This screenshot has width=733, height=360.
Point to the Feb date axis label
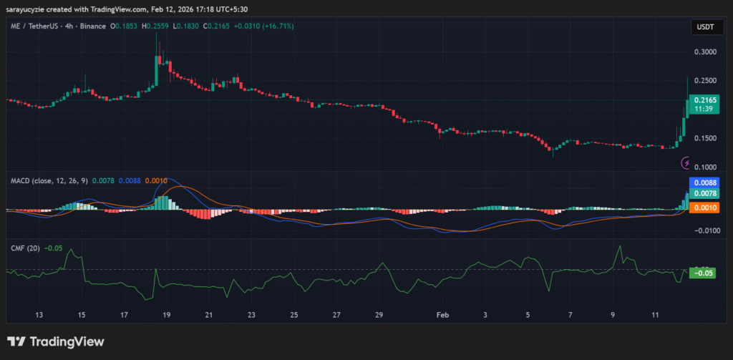point(443,315)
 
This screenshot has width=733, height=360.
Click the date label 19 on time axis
point(166,315)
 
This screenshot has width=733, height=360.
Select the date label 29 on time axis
point(379,315)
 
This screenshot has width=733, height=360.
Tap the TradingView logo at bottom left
point(55,341)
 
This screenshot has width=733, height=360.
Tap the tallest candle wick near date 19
point(157,43)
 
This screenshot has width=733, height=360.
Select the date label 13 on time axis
point(39,315)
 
